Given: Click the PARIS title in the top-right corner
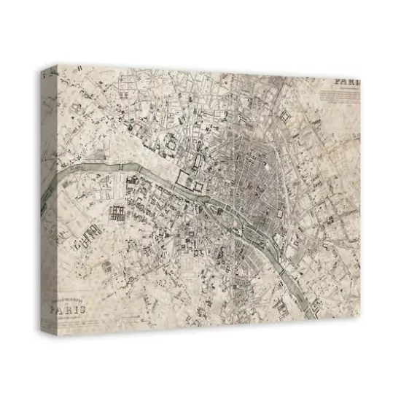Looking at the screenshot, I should pyautogui.click(x=346, y=82).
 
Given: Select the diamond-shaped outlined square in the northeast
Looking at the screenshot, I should pyautogui.click(x=285, y=117).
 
